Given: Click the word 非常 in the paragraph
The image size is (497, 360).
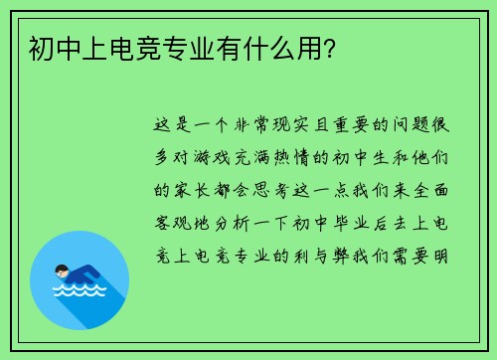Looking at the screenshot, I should tap(249, 126).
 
